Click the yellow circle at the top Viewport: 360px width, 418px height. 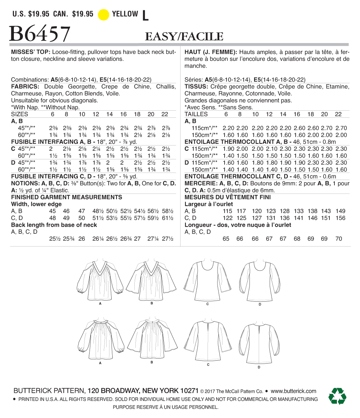pos(103,15)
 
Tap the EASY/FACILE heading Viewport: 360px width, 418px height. pos(184,36)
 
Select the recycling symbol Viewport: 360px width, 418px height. pos(337,396)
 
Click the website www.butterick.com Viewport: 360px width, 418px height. pos(293,391)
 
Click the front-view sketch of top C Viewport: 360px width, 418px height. pos(208,281)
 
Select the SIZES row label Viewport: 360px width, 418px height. pos(20,114)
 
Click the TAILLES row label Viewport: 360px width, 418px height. pos(196,114)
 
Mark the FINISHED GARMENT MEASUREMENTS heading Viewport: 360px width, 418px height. pos(67,197)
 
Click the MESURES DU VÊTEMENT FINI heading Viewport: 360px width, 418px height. pos(227,197)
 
